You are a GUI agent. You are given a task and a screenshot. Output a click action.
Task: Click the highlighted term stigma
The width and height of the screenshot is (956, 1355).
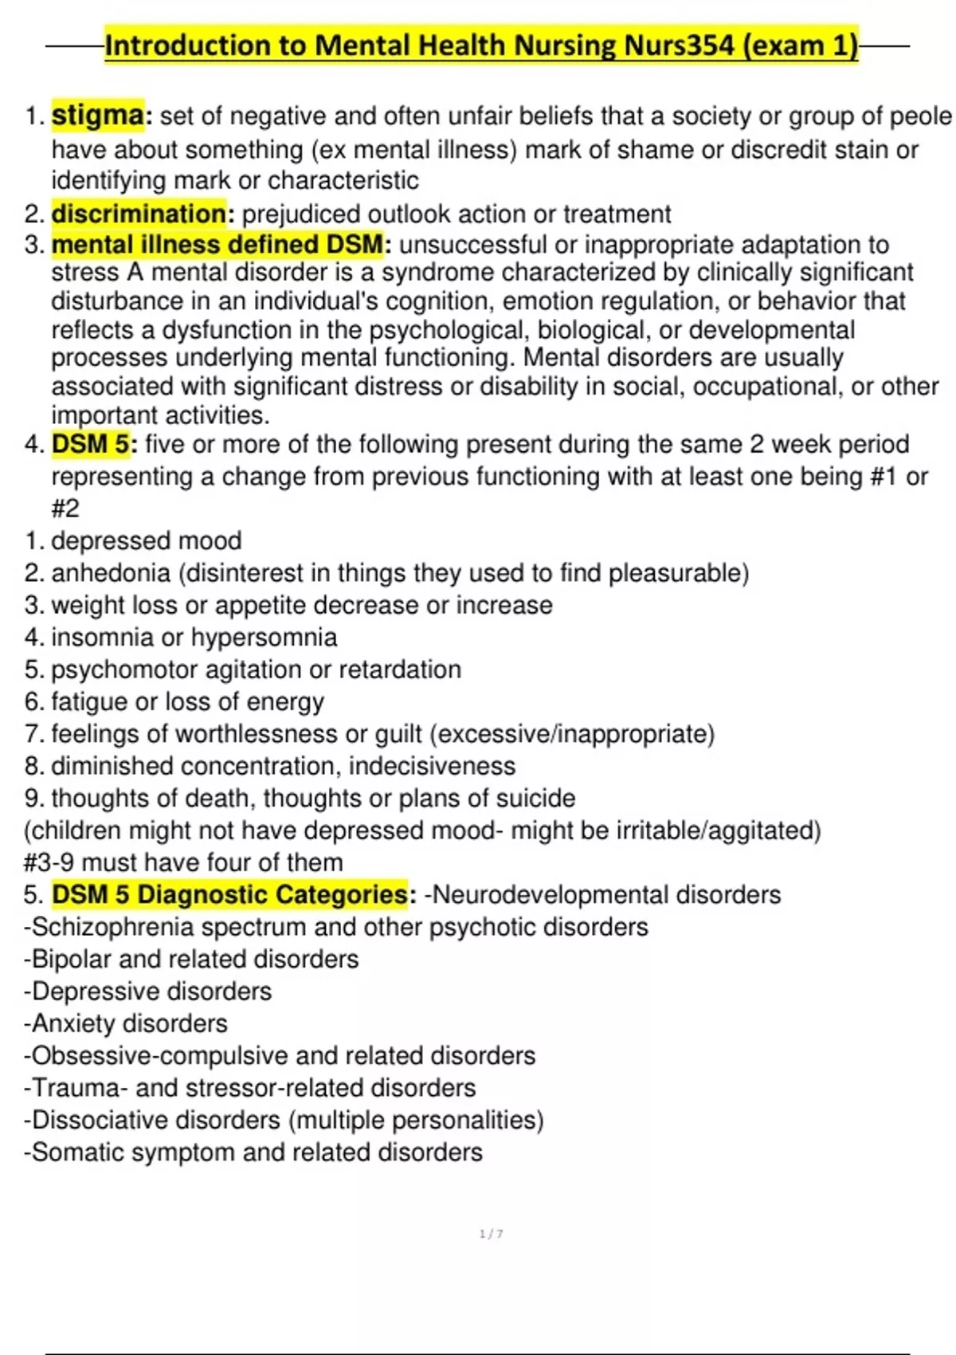98,116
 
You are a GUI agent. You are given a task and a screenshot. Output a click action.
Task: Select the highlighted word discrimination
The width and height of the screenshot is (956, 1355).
139,214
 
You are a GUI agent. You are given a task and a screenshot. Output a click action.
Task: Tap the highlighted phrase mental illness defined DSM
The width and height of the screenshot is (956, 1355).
217,245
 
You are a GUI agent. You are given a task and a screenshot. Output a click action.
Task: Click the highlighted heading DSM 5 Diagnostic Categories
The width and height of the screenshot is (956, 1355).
230,895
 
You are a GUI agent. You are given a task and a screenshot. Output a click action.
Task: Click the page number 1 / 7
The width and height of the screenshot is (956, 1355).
491,1234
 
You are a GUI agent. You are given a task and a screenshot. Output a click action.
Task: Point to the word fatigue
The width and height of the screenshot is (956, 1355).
89,702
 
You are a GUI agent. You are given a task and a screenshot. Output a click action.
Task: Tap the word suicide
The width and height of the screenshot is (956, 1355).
535,799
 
